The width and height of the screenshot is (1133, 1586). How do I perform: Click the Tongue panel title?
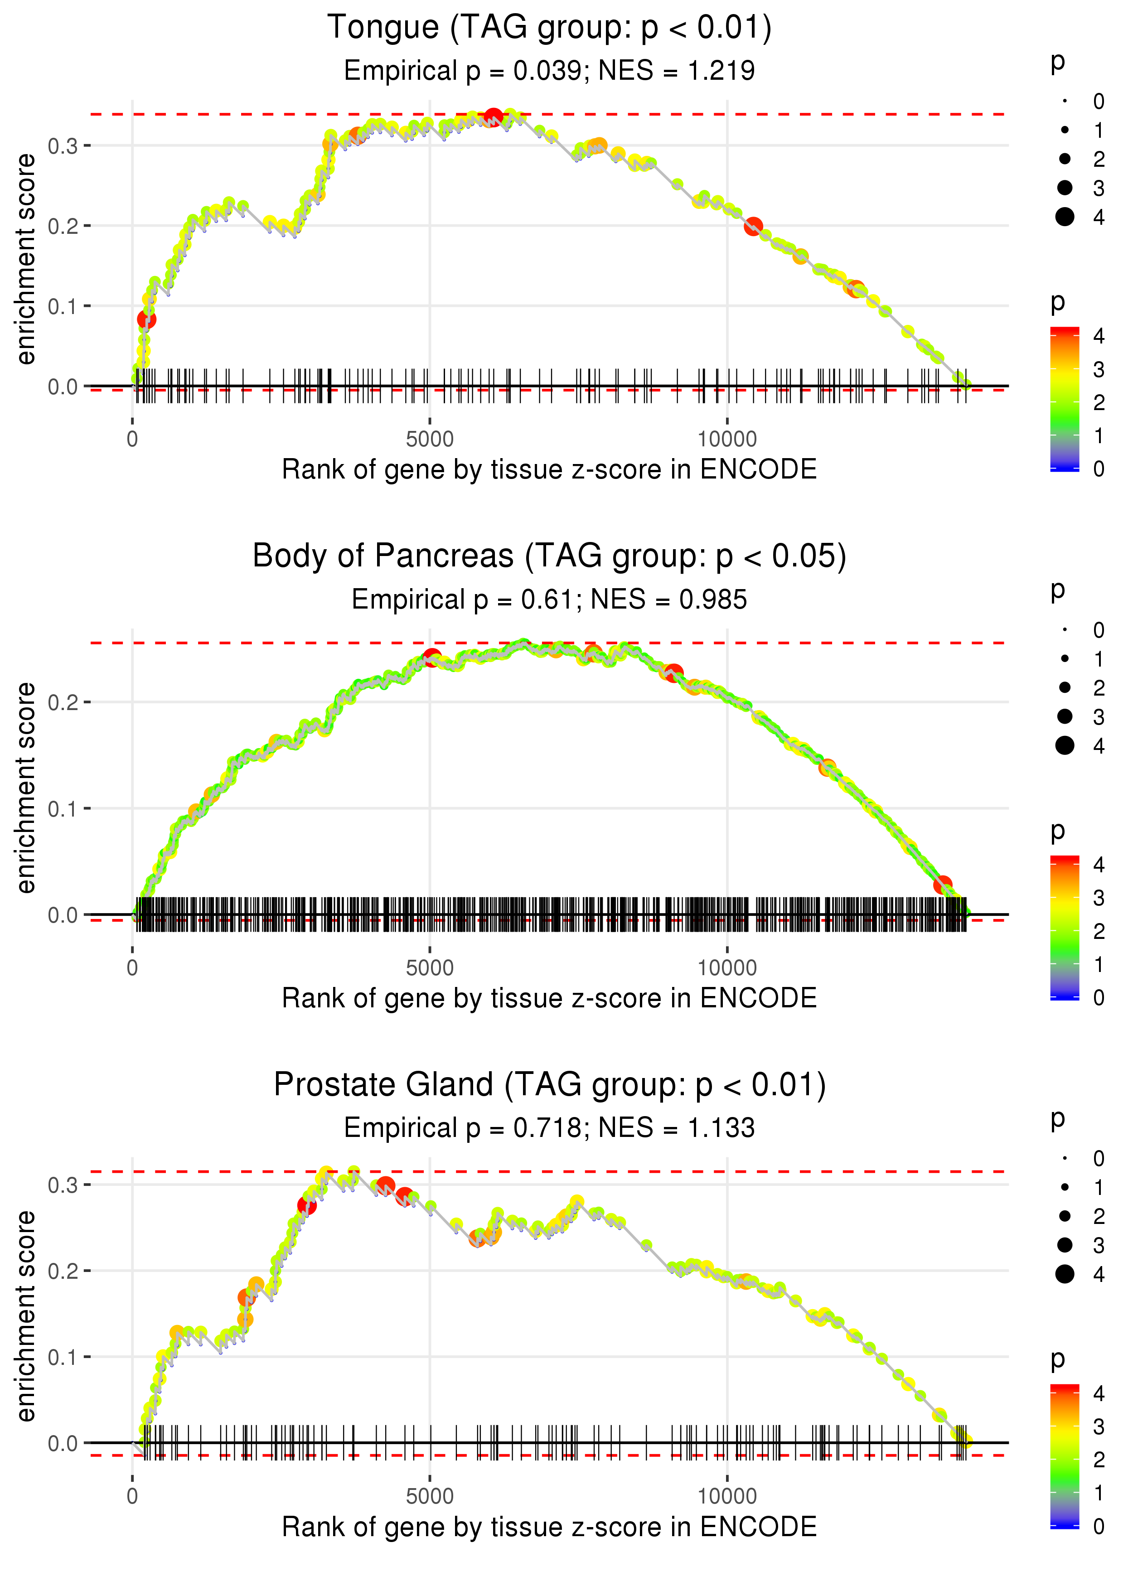click(549, 28)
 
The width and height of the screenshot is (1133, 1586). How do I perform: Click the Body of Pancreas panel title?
click(549, 556)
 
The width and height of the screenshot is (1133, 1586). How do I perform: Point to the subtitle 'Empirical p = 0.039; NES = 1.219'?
click(549, 70)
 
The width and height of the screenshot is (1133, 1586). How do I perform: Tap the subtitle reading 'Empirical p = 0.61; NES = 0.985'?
click(549, 599)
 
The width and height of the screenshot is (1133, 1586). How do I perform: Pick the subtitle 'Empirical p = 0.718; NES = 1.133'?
click(549, 1128)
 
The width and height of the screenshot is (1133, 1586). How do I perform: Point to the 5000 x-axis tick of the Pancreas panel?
click(430, 967)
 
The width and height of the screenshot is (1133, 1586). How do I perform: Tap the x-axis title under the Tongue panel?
click(549, 469)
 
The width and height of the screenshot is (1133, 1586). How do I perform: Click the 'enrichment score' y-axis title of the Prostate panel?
click(26, 1316)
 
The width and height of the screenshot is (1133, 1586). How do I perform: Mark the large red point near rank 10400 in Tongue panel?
click(753, 227)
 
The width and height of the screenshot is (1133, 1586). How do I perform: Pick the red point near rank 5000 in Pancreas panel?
click(432, 657)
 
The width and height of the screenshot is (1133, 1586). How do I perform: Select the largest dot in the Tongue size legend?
click(1065, 217)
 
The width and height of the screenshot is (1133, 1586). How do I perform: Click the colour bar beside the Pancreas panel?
click(1065, 928)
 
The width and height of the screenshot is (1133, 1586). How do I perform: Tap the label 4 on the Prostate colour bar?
click(1099, 1393)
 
